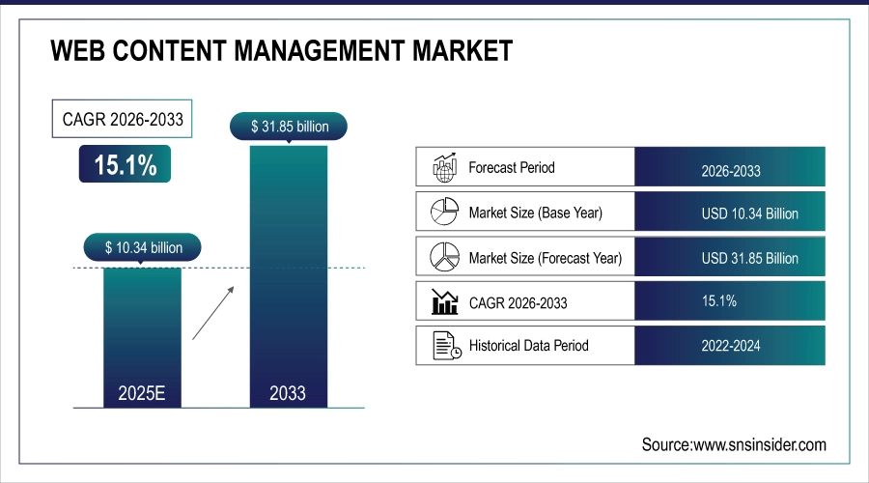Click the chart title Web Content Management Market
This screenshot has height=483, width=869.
281,50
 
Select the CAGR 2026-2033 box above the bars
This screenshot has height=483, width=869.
121,121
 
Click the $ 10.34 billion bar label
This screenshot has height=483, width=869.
142,248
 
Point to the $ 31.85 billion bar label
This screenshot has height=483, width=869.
288,126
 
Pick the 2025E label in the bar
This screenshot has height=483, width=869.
141,392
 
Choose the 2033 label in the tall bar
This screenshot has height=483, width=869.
288,392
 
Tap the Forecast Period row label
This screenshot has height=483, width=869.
512,167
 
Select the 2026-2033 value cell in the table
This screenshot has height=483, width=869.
730,171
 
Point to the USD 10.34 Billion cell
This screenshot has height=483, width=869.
730,213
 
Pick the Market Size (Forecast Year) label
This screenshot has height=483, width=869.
545,258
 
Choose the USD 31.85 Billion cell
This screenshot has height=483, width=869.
730,258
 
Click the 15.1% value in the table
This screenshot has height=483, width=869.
718,301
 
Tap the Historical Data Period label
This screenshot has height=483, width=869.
528,345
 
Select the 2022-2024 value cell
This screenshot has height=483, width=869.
730,346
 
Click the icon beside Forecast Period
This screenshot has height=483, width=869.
443,167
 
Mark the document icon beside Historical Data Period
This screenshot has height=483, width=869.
443,345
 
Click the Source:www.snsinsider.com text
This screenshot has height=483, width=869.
734,444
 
